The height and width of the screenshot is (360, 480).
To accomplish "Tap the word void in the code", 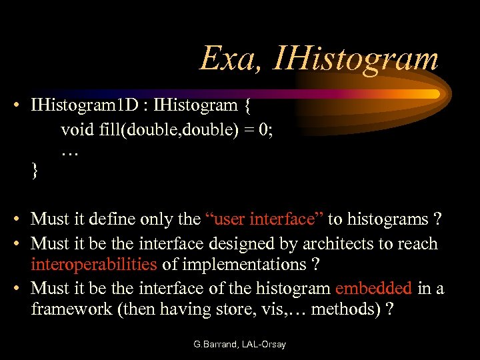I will pos(75,129).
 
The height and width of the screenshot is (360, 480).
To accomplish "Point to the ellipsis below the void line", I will pos(69,152).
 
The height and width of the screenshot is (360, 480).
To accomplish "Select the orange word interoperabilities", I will pos(93,265).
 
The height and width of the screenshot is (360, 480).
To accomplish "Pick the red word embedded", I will pos(374,289).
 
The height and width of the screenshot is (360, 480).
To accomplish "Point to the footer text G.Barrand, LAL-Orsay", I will pos(239,345).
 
